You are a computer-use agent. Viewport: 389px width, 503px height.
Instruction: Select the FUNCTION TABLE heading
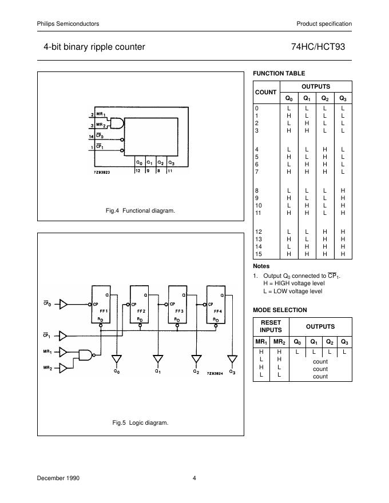pos(279,73)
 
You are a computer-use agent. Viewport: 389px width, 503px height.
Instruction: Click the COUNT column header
pos(265,92)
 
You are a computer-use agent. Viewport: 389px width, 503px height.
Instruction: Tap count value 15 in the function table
pos(258,254)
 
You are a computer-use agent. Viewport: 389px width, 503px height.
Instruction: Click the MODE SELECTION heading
pos(280,310)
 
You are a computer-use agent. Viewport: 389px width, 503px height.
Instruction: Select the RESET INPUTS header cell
pos(271,326)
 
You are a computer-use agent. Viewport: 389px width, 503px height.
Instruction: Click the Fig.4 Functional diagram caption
pos(140,211)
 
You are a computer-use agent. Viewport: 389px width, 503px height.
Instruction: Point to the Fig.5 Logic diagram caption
pos(141,423)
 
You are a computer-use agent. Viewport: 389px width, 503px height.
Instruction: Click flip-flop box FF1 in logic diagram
pos(102,305)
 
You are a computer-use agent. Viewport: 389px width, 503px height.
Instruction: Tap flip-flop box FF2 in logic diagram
pos(140,305)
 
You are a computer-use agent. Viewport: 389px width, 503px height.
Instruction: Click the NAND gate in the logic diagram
pos(86,356)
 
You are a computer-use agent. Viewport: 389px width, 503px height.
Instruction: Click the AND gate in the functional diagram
pos(117,123)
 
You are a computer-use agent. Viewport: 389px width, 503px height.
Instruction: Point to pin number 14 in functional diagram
pos(91,137)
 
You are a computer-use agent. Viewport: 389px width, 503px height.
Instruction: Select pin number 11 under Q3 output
pos(170,171)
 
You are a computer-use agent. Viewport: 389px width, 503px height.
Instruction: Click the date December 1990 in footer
pos(58,478)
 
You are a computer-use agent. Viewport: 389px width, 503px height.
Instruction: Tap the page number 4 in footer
pos(194,478)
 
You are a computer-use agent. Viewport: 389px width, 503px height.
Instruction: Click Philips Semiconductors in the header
pos(68,23)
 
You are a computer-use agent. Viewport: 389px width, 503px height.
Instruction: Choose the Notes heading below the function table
pos(261,266)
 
